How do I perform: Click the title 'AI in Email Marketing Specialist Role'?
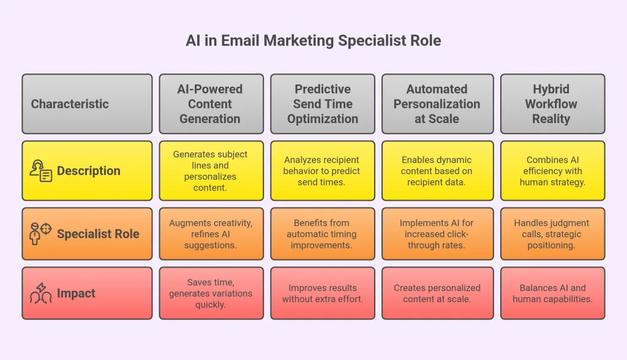coord(313,41)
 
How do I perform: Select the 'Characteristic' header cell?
coord(87,104)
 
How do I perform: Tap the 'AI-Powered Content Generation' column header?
coord(210,104)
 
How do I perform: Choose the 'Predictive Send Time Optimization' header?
coord(323,104)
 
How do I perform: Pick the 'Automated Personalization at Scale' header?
coord(437,104)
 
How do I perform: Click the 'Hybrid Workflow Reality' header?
coord(551,104)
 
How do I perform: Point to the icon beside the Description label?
coord(41,171)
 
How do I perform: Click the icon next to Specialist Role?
coord(41,234)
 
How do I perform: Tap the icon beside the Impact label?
coord(41,293)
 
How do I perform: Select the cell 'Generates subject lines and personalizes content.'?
coord(210,171)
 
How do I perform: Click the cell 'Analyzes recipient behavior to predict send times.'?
coord(323,171)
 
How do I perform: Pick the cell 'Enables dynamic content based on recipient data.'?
coord(437,171)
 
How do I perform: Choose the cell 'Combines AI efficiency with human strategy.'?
coord(551,171)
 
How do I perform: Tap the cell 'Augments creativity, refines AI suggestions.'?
coord(210,234)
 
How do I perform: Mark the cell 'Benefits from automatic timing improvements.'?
coord(323,234)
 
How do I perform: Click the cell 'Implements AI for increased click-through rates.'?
coord(437,234)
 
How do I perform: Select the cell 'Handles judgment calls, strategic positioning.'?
coord(551,234)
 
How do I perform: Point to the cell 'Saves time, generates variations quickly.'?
coord(210,293)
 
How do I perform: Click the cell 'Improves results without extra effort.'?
coord(323,293)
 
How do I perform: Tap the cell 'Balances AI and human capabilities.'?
coord(551,293)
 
